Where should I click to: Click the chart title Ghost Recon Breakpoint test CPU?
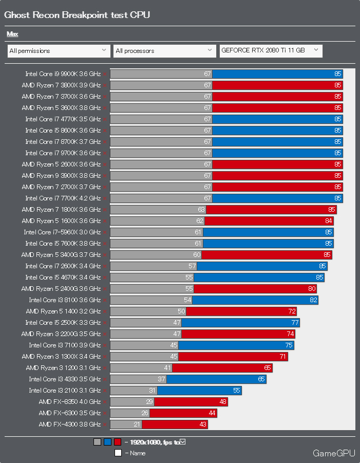click(77, 15)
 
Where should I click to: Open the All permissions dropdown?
click(59, 51)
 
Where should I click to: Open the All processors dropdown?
click(164, 51)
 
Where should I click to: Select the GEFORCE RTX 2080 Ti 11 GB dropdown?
click(271, 50)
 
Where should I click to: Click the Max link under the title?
click(12, 34)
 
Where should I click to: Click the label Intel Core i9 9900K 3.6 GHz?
click(63, 74)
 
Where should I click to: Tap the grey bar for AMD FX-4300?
click(126, 424)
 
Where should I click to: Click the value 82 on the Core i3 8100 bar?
click(313, 300)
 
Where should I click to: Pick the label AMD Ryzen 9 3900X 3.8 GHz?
click(61, 176)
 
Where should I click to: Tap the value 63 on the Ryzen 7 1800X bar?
click(201, 210)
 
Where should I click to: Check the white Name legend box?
click(118, 453)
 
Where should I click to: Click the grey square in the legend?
click(97, 442)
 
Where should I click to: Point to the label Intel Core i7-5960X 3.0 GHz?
click(62, 232)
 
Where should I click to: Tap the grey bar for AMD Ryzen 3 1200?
click(141, 368)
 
